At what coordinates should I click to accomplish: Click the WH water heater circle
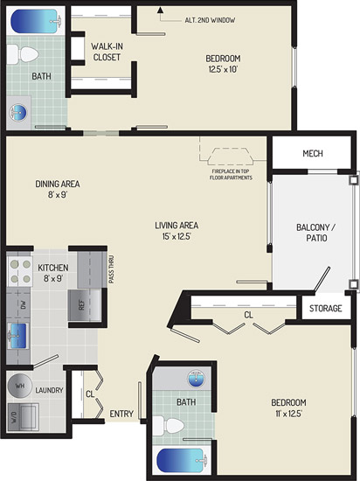point(19,386)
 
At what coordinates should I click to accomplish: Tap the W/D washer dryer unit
point(23,417)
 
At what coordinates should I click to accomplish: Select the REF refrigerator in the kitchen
point(84,305)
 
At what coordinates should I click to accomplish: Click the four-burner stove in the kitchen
point(19,271)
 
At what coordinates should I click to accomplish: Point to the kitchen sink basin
point(18,336)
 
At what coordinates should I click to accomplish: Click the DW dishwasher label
point(24,304)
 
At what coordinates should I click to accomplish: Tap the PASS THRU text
point(111,269)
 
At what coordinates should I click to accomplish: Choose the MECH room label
point(313,153)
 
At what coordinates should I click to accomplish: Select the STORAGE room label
point(325,308)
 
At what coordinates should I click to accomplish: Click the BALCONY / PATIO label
point(316,233)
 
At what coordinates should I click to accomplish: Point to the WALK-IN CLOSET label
point(107,52)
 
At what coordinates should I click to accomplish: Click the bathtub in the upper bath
point(36,21)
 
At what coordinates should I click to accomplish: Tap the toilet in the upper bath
point(23,54)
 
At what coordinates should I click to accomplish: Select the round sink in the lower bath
point(196,378)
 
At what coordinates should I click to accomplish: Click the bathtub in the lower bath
point(182,460)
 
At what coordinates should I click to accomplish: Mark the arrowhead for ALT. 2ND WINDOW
point(160,10)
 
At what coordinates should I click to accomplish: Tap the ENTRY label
point(121,414)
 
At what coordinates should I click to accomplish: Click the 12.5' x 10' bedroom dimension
point(224,69)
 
